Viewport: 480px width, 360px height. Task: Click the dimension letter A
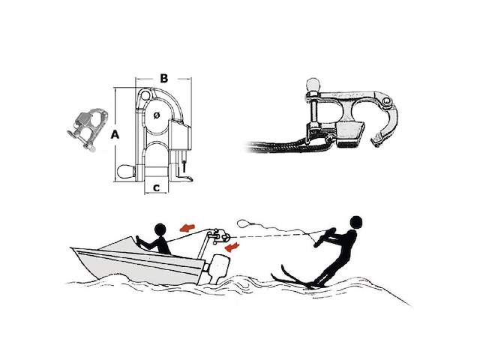(115, 134)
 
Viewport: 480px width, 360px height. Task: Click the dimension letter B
(164, 78)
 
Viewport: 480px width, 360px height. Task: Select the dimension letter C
(157, 188)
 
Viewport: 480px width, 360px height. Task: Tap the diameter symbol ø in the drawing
(157, 115)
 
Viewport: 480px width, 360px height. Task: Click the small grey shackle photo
(87, 129)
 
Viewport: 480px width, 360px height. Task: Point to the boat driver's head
(160, 229)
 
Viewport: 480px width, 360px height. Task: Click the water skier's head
(355, 222)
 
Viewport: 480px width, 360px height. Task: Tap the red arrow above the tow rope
(187, 227)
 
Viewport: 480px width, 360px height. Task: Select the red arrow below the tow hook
(232, 246)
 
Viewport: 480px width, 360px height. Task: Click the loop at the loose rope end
(244, 223)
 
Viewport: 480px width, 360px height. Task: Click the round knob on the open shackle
(313, 85)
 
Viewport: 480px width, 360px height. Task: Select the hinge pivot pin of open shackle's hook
(388, 101)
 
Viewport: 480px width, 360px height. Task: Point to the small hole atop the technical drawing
(145, 95)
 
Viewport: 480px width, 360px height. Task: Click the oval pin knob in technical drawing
(126, 172)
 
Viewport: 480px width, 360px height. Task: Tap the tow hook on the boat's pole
(218, 235)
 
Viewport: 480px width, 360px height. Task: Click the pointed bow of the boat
(72, 249)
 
